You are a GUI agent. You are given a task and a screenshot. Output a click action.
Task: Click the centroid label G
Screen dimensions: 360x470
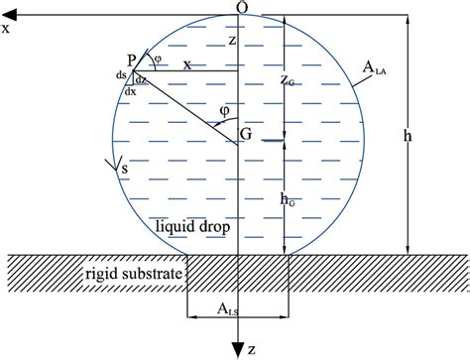coord(245,132)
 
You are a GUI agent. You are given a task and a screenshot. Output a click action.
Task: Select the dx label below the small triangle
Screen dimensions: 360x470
coord(131,90)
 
